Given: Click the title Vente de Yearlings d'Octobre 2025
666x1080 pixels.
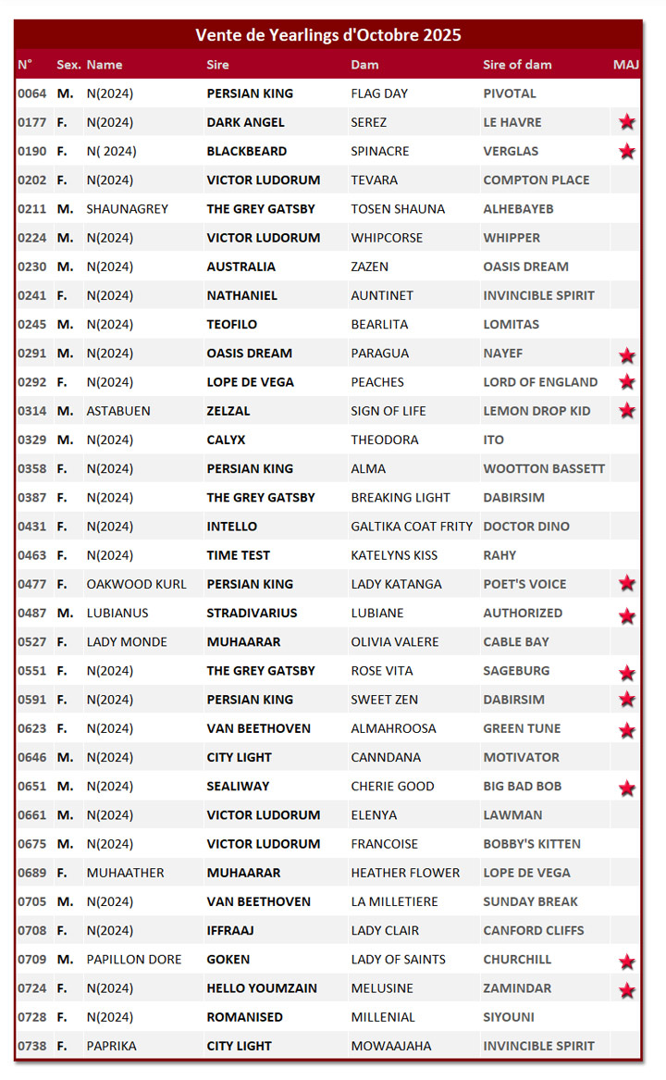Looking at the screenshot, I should tap(328, 35).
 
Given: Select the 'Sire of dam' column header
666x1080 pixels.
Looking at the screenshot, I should tap(517, 65).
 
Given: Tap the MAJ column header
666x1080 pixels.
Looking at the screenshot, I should tap(626, 65).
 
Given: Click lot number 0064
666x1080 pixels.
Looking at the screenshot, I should tap(31, 93).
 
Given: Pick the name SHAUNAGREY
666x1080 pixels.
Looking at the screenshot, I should tap(128, 209).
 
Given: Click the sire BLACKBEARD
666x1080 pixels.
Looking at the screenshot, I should tap(246, 151).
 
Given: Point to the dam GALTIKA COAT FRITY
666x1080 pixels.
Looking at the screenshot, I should tap(412, 527).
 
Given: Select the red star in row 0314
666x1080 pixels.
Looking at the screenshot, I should tap(627, 411).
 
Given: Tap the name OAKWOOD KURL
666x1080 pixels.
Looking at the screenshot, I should tap(136, 584).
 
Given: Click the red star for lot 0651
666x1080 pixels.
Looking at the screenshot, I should tap(627, 788).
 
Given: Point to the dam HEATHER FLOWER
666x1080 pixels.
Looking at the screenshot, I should tap(405, 873).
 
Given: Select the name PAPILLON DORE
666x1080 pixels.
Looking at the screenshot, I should tap(134, 960).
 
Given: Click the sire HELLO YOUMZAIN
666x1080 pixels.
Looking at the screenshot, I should tap(262, 988).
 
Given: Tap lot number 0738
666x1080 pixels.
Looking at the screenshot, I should tap(31, 1046).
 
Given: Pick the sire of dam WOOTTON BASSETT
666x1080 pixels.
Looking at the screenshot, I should tap(544, 468).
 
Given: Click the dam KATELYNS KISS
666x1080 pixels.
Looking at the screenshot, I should tap(394, 555).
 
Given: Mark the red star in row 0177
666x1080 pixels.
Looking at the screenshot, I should tap(627, 122).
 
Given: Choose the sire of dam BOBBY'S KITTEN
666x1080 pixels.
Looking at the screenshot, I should tap(532, 844).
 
